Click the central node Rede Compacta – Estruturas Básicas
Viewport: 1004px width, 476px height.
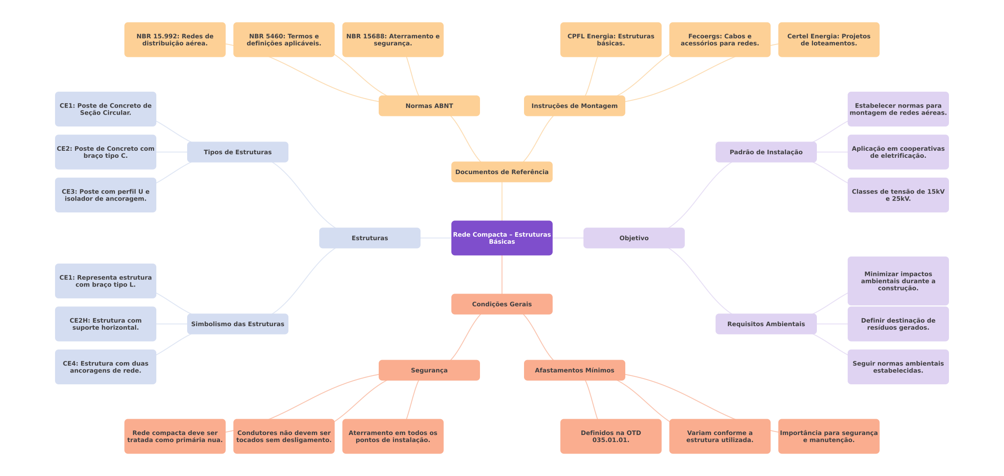[502, 238]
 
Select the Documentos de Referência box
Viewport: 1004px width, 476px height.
[502, 172]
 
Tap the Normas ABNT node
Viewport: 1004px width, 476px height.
[429, 106]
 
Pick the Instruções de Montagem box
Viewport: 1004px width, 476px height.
[574, 106]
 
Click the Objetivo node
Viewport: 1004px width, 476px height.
[634, 238]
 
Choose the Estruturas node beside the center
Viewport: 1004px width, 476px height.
[369, 238]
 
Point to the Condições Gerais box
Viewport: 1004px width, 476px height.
[502, 304]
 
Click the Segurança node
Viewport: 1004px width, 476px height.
[429, 370]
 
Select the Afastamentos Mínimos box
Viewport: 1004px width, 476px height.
[574, 370]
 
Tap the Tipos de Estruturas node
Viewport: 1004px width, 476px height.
[237, 152]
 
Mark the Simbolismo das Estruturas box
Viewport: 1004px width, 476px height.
[237, 324]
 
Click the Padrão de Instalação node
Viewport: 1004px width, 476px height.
[766, 152]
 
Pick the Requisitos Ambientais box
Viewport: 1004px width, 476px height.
[766, 324]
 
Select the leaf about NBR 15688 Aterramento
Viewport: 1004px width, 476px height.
[393, 40]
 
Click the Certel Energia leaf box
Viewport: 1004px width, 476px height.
[829, 40]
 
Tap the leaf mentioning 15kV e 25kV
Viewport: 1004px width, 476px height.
[898, 195]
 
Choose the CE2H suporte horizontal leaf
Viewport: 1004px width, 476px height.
[105, 324]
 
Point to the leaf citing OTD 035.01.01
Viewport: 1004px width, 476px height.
[611, 436]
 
